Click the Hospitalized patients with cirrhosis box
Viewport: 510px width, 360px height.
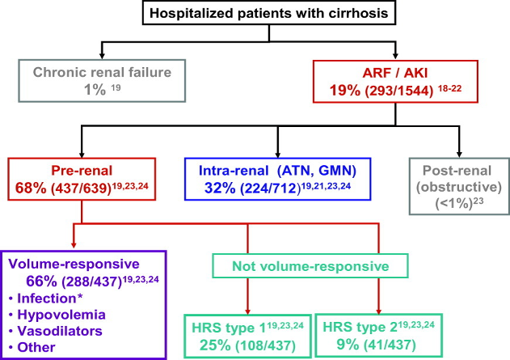[x=269, y=13]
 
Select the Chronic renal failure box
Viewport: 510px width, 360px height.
[x=102, y=81]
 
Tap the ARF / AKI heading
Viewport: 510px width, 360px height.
[x=395, y=73]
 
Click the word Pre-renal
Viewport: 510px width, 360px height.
[x=82, y=171]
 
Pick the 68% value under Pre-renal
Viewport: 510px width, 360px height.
[x=31, y=188]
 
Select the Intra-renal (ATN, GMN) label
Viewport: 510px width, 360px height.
[x=277, y=171]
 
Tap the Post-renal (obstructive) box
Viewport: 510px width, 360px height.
[x=459, y=187]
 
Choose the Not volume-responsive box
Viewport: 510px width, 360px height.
[x=310, y=266]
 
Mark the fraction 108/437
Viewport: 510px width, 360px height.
[x=266, y=345]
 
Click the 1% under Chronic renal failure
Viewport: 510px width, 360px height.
[x=95, y=89]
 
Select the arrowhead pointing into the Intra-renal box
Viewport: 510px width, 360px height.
[x=278, y=155]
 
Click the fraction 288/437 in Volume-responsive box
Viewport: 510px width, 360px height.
[x=92, y=282]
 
